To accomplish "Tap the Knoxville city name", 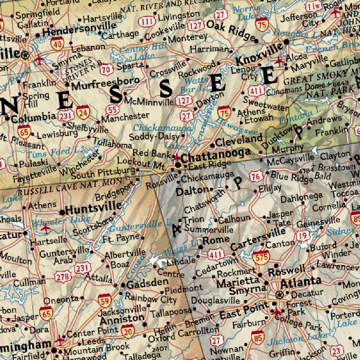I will pos(259,54).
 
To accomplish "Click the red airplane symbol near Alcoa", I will pos(279,62).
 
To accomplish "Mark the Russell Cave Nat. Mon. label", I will pos(70,187).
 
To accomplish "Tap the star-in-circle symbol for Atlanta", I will pos(279,294).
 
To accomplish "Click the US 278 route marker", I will pos(63,277).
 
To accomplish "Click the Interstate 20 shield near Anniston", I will pos(128,330).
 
